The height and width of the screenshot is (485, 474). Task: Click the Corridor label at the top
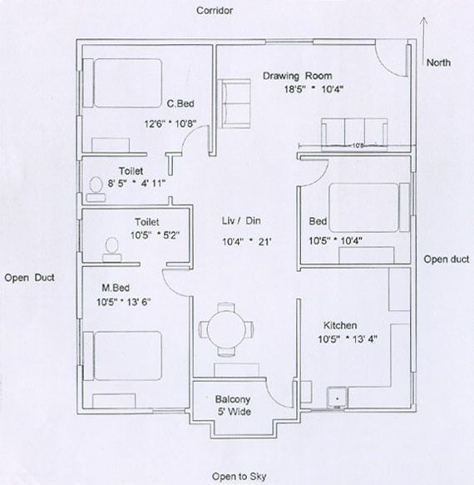point(214,11)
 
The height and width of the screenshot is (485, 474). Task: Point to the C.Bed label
point(180,104)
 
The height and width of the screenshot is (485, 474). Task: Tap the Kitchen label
point(340,326)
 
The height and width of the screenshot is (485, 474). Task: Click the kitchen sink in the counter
point(338,398)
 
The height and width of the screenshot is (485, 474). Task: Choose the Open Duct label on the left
point(29,278)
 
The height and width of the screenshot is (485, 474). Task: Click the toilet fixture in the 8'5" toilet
point(96,189)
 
